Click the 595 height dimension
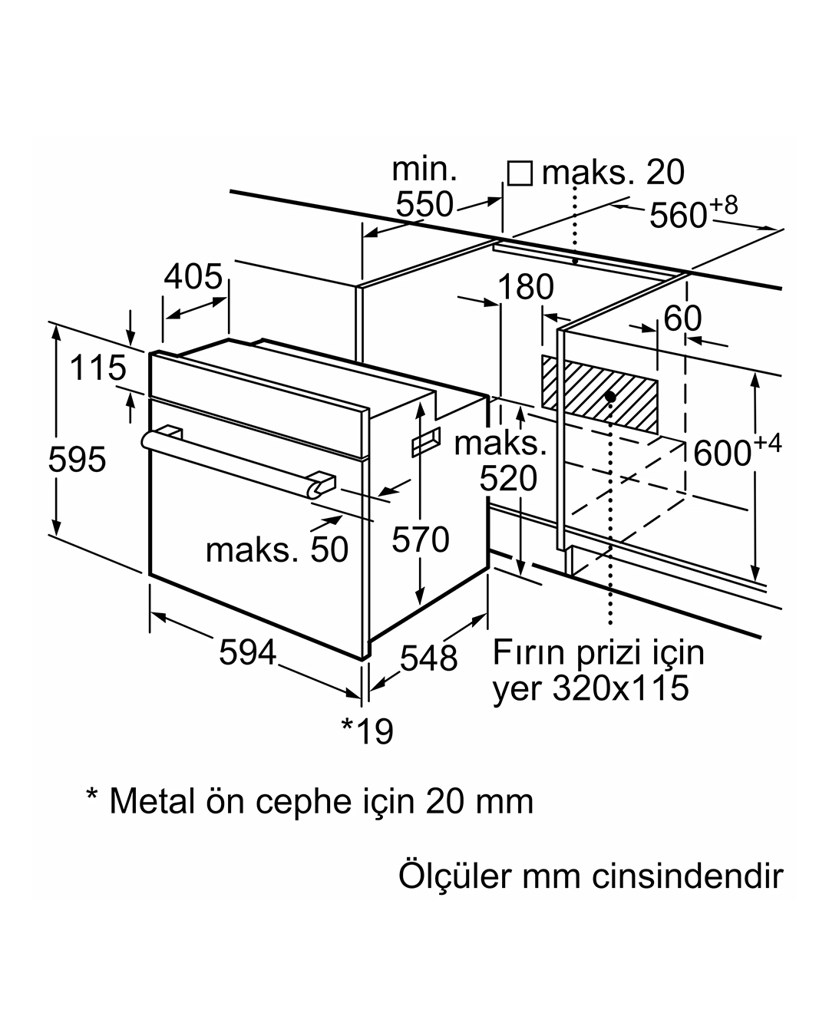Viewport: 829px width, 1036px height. (77, 460)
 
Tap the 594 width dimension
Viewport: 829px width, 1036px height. (248, 652)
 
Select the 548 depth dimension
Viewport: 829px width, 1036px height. (429, 658)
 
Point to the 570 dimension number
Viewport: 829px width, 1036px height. (421, 539)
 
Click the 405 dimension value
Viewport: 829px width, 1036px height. (193, 276)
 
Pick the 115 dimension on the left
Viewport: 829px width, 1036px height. (98, 368)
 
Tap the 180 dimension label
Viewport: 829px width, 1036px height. (526, 287)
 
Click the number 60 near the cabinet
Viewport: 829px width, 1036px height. (682, 318)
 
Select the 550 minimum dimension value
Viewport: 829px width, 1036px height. (424, 204)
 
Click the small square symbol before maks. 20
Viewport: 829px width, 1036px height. (520, 173)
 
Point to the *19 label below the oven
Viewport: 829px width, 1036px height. (367, 731)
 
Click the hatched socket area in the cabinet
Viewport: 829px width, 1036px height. (599, 394)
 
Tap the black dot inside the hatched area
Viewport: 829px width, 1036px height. (610, 397)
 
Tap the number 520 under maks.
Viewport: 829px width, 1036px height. (508, 479)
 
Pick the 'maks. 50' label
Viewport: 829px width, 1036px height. (277, 549)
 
